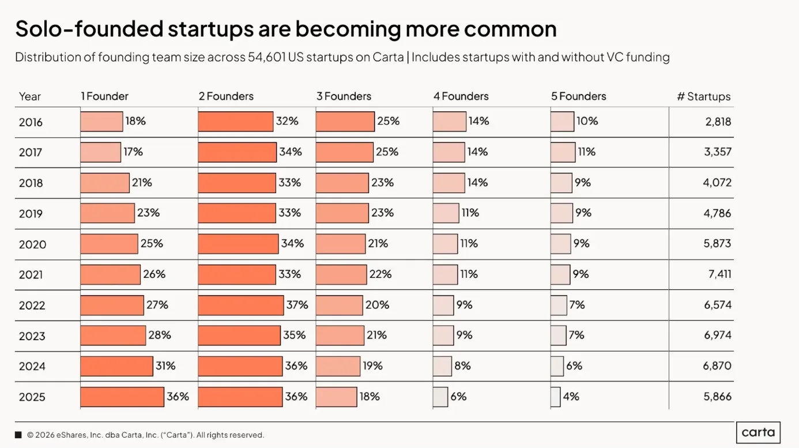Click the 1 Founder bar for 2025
(122, 397)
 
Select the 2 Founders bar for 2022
(241, 306)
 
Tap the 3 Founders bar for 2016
(345, 122)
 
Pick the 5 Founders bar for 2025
(556, 397)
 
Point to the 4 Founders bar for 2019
(446, 213)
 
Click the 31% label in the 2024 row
(165, 366)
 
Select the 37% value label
(297, 305)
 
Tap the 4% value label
(571, 397)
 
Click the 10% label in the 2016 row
(587, 121)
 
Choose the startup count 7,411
(720, 274)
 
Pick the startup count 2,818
(718, 122)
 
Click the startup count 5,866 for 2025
(718, 397)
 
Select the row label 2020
(32, 244)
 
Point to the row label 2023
(32, 336)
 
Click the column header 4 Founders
(461, 96)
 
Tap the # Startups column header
(704, 97)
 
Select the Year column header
(30, 97)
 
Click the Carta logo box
(758, 432)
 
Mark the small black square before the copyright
(18, 435)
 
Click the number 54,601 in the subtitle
(266, 58)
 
